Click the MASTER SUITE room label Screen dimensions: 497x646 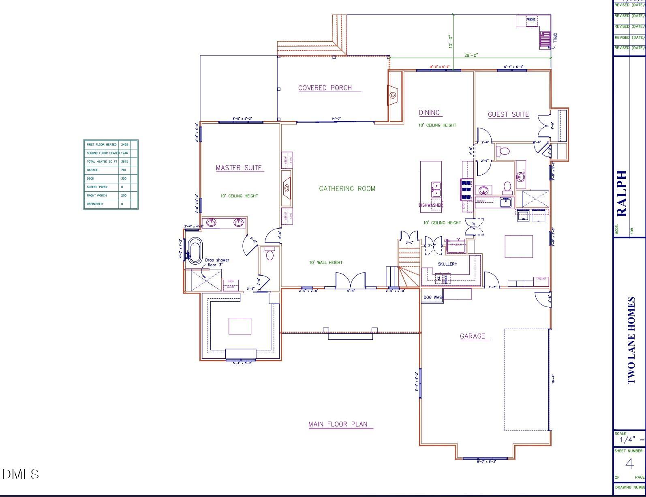click(x=239, y=168)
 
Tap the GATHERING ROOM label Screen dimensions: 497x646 click(x=347, y=189)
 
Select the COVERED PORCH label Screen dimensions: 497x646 click(x=325, y=88)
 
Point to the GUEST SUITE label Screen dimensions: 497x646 click(x=508, y=115)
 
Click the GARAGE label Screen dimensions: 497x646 click(x=472, y=336)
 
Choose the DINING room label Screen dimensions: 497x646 click(x=429, y=113)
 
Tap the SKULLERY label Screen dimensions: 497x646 click(x=447, y=264)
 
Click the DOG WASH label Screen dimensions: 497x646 click(x=433, y=298)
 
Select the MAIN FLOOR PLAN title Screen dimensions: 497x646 click(x=338, y=424)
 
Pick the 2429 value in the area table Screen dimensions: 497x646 click(x=124, y=144)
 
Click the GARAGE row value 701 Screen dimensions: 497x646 click(x=124, y=170)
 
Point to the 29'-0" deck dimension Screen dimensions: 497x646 click(x=471, y=55)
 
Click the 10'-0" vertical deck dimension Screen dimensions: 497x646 click(x=451, y=41)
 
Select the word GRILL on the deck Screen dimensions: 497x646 click(x=555, y=38)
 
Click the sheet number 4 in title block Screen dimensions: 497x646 click(x=629, y=463)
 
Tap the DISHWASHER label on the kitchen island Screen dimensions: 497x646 click(x=430, y=205)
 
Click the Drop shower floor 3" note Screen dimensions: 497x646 click(x=217, y=263)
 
